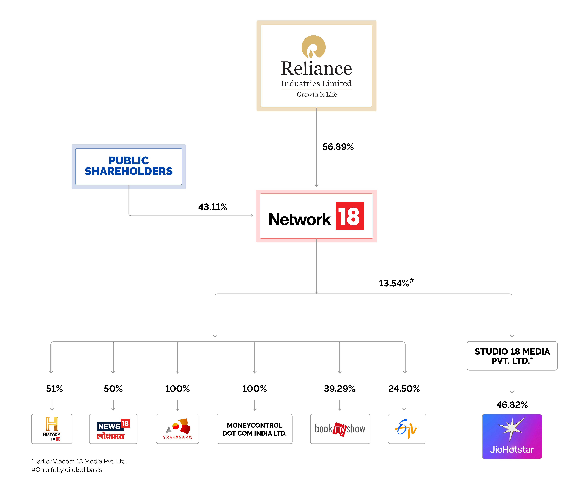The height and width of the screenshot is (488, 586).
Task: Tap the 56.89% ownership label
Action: click(338, 147)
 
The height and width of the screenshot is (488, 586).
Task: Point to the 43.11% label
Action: click(213, 207)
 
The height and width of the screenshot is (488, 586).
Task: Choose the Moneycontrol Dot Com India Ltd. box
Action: click(254, 429)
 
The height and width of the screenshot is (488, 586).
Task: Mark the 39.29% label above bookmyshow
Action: click(339, 388)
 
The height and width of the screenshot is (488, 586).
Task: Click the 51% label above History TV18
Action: click(54, 388)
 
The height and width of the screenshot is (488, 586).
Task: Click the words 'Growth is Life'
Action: click(317, 95)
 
